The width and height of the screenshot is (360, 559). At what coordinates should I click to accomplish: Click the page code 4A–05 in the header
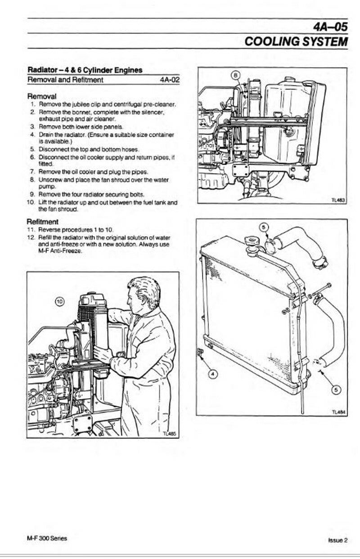[x=331, y=26]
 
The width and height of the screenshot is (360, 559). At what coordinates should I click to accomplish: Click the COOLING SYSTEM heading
[x=296, y=41]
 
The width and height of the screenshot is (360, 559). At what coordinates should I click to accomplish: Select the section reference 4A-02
[x=169, y=80]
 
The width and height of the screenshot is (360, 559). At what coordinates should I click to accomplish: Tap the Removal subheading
[x=42, y=96]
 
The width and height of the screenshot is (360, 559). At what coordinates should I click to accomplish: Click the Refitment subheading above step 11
[x=42, y=221]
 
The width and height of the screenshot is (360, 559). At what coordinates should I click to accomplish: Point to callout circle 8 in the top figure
[x=236, y=75]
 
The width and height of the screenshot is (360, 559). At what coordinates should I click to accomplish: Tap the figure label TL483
[x=338, y=199]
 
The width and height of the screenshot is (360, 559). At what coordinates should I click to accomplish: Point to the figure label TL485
[x=170, y=434]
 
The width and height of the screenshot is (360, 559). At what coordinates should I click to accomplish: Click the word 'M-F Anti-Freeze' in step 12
[x=60, y=251]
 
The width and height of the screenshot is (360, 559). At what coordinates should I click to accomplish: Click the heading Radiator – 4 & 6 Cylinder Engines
[x=85, y=70]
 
